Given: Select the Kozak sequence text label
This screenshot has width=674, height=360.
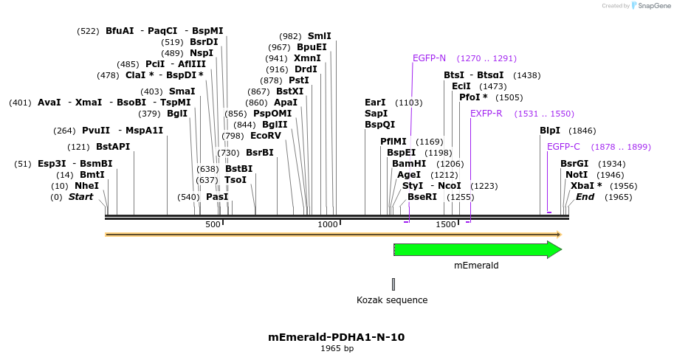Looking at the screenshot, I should coord(392,300).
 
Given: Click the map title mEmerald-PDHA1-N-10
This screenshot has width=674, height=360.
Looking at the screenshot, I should coord(336,337).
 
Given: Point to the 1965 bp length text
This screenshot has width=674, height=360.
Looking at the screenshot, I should coord(337,348).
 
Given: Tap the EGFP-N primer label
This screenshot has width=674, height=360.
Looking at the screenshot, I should coord(429,58).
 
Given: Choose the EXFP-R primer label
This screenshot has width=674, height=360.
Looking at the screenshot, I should coord(486,114).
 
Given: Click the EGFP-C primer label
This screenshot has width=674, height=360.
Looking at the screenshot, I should coord(563,147).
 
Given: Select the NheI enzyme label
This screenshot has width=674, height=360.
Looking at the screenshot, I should coord(86,186).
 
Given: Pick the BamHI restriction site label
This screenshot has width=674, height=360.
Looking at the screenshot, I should coord(409,164).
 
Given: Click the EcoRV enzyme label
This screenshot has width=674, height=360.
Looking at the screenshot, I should coord(266,136).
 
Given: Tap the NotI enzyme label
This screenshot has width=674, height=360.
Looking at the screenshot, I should coord(577,175).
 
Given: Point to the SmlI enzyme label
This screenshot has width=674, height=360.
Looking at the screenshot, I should coord(319,36).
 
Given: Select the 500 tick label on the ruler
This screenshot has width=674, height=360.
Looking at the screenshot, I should coord(213,224).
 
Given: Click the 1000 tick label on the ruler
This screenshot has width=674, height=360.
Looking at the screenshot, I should coord(327,224).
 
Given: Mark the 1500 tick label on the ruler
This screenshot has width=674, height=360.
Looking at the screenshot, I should coord(446,224).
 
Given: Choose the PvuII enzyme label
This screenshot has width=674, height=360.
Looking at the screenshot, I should coord(96,131).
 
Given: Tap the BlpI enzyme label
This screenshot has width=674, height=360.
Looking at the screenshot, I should coord(550,131).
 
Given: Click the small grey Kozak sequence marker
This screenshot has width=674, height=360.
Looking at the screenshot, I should coord(393,284).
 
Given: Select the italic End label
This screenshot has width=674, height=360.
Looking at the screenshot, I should coord(585,197).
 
